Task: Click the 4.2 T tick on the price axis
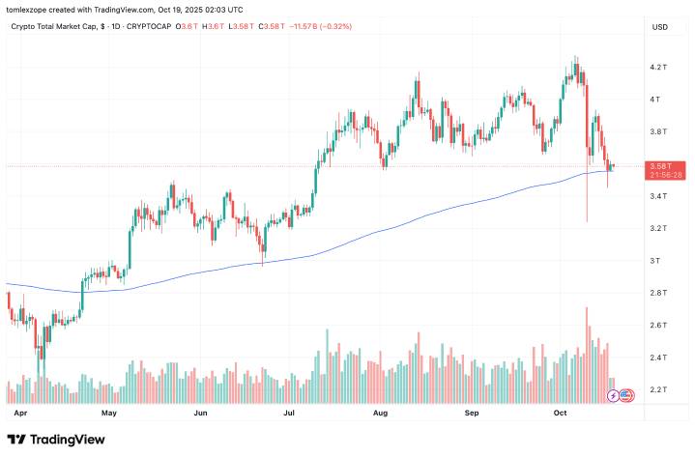click(660, 67)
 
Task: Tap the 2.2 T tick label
click(660, 390)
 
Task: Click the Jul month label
click(289, 412)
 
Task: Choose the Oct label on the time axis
click(563, 412)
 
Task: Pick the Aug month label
click(380, 412)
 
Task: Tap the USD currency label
click(661, 27)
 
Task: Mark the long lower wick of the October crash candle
click(587, 198)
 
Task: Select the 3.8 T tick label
click(660, 131)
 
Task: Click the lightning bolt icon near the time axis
click(612, 395)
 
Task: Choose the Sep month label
click(472, 412)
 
